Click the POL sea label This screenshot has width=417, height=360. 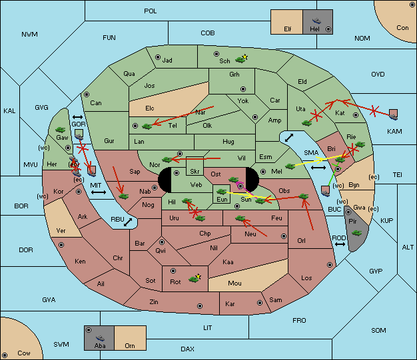coord(151,11)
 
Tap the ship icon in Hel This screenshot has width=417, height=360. coord(316,21)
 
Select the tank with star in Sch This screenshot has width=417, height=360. coord(241,59)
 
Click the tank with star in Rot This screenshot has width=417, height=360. coord(195,278)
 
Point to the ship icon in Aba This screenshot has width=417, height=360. coord(100,337)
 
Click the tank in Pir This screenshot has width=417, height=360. coord(356,233)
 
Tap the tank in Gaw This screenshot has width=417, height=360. coord(61,130)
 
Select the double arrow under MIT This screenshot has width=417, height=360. coord(99,192)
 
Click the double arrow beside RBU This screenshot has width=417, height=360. coord(128,222)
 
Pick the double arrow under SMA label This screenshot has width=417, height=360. coord(318,168)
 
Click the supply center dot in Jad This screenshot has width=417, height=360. coord(158,57)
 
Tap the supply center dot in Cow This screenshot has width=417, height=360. coord(5,355)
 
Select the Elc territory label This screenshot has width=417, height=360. coord(150,108)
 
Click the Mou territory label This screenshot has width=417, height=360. coord(234,283)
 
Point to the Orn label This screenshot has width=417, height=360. coord(130,345)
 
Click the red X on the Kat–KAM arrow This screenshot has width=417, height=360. coord(374,110)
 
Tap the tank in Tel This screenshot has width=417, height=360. coord(147,126)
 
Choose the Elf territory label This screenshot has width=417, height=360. coord(288,29)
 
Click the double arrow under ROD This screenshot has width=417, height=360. coord(340,244)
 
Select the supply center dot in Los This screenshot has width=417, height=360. coord(330,265)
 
